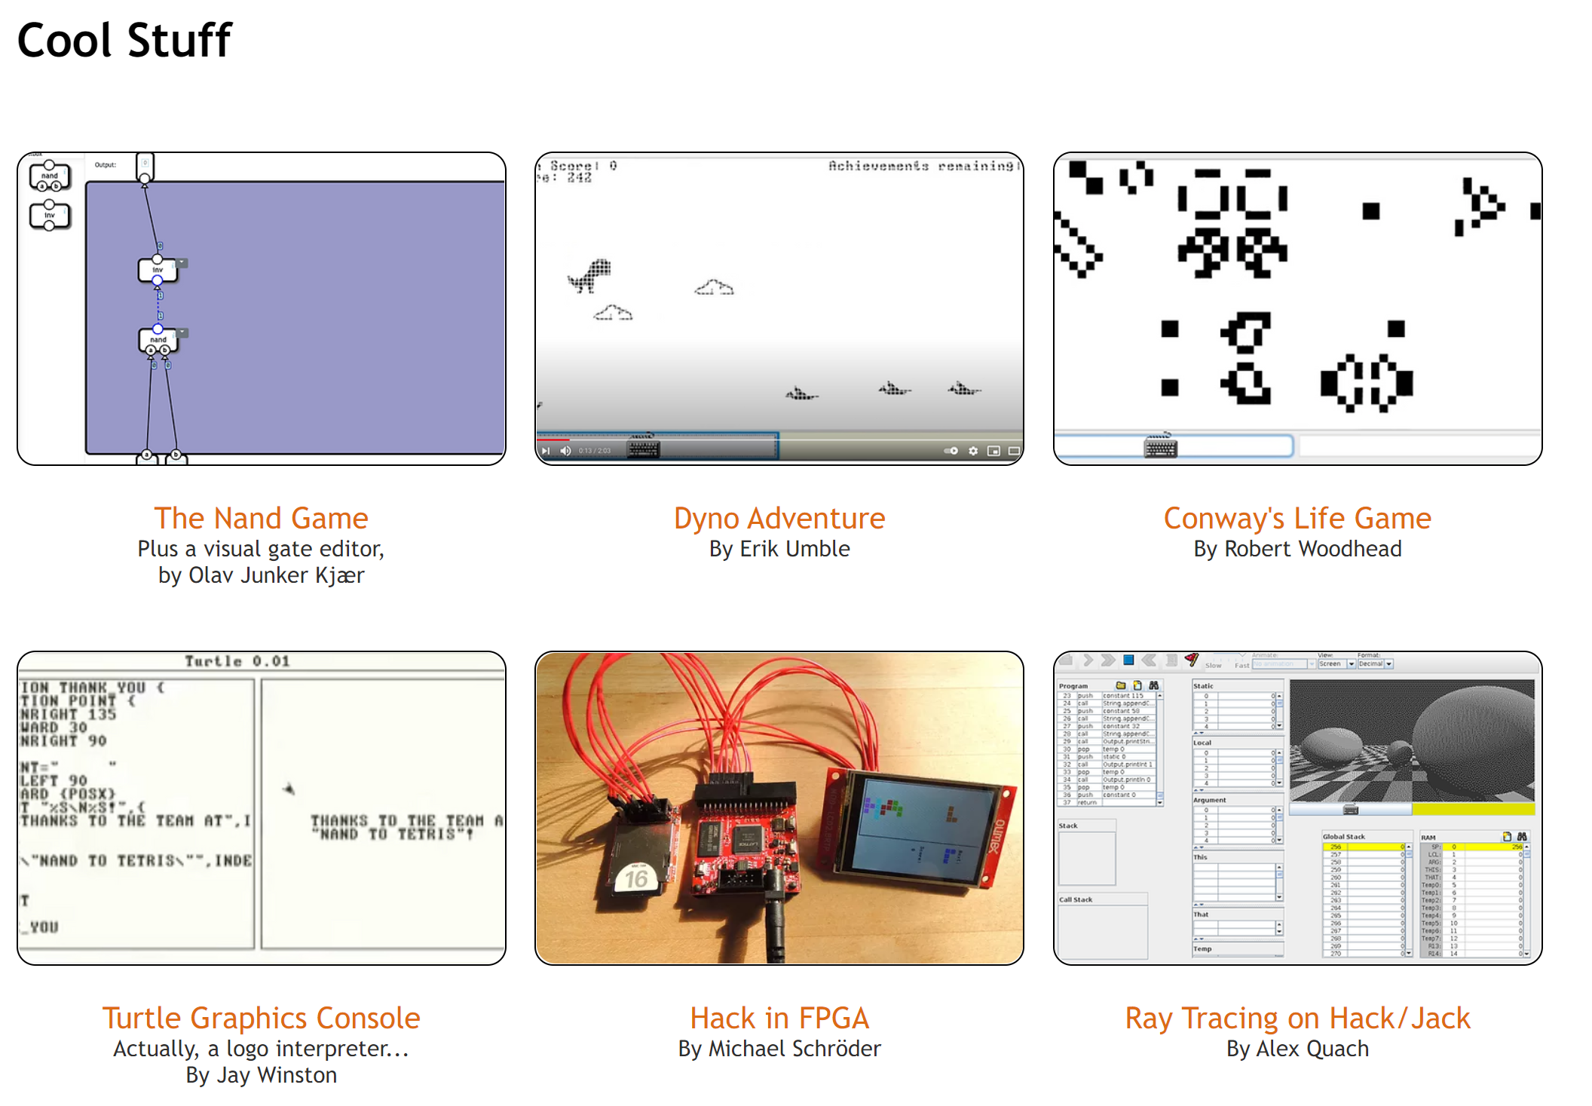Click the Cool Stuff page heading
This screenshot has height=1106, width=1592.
tap(124, 40)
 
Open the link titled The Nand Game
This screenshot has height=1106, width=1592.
tap(261, 518)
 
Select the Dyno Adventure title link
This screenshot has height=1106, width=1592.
tap(779, 518)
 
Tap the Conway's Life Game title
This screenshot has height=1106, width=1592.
tap(1297, 518)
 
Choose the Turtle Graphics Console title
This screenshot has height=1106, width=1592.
tap(261, 1018)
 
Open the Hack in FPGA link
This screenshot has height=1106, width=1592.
tap(779, 1018)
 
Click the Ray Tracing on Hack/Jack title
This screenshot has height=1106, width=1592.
tap(1297, 1018)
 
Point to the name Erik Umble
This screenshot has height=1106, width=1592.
tap(794, 549)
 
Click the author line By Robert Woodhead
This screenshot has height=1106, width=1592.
tap(1297, 549)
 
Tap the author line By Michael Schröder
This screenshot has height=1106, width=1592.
tap(779, 1049)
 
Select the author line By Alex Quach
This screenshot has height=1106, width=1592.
tap(1297, 1049)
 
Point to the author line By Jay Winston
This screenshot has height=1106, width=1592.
tap(261, 1075)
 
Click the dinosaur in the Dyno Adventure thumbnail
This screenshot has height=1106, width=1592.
tap(590, 276)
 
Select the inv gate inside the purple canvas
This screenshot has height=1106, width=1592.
tap(158, 269)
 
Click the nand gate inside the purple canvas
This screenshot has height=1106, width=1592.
tap(158, 340)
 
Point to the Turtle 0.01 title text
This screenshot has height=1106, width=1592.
tap(237, 661)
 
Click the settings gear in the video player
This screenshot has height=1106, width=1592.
tap(973, 451)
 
